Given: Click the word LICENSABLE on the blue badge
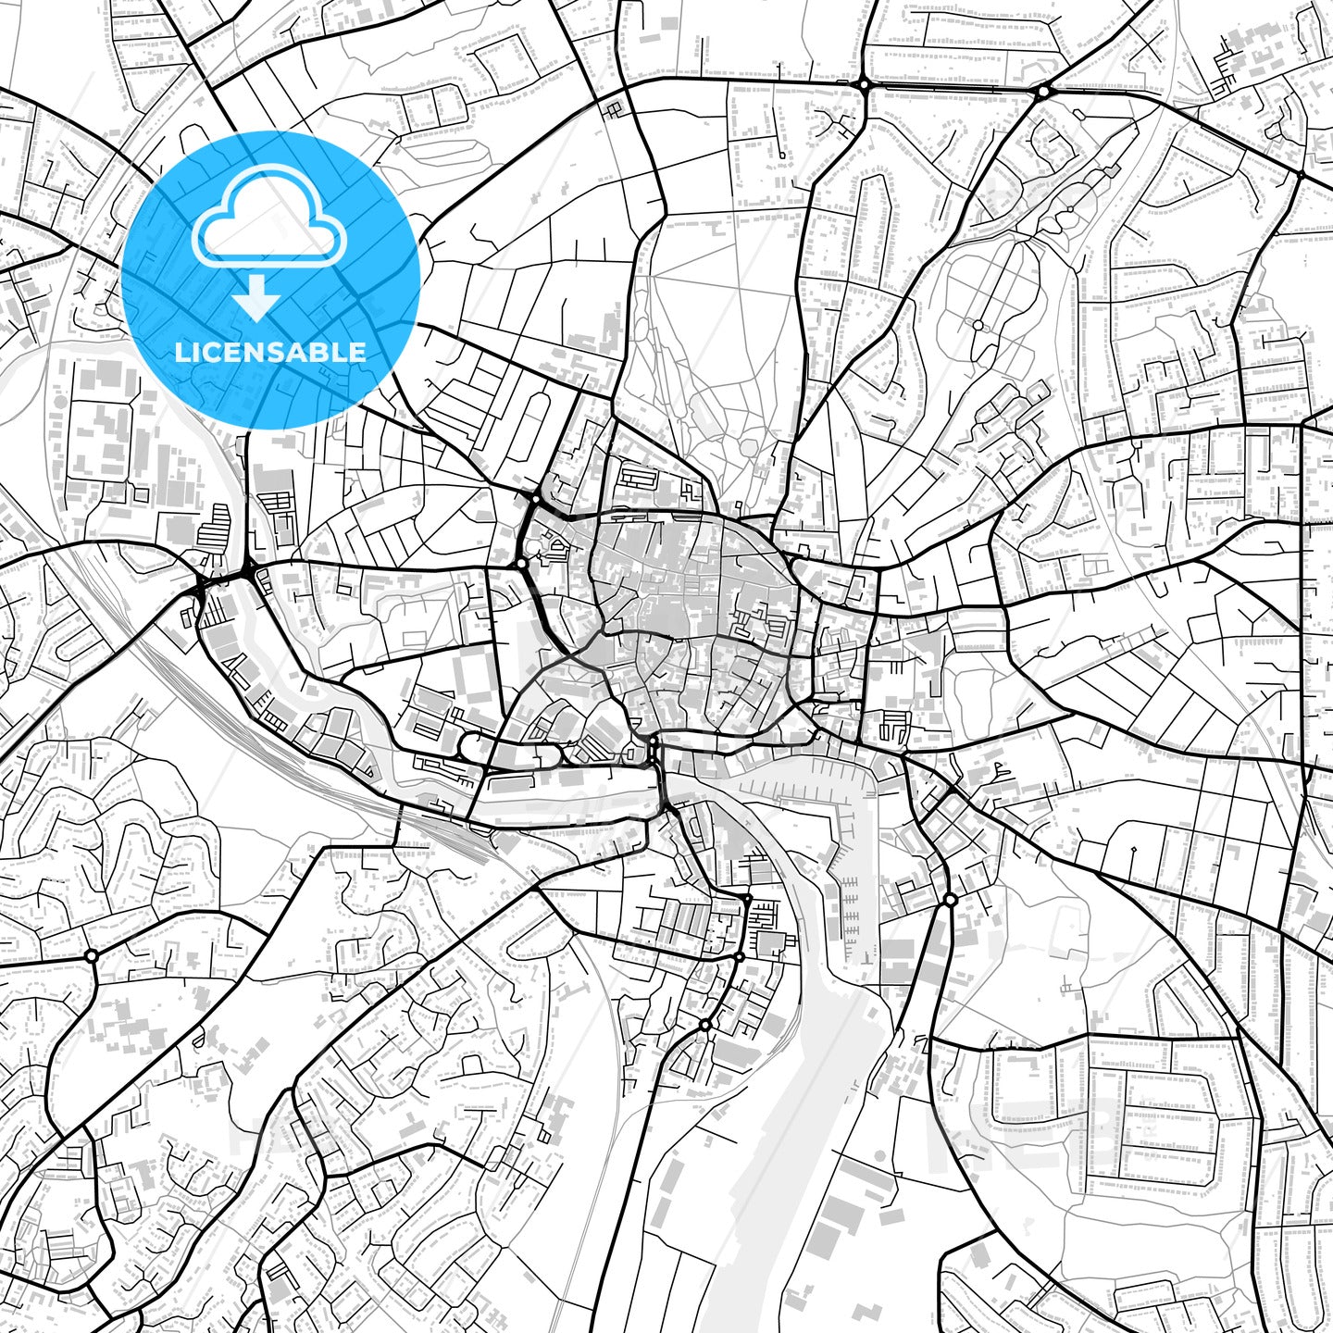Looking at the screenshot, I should click(x=270, y=352).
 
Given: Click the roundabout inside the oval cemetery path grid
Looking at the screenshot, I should click(x=978, y=324).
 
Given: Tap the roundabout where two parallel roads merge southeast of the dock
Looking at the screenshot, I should click(x=950, y=900).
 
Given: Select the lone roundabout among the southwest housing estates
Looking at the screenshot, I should click(x=91, y=955).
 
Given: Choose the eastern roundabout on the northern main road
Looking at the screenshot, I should click(x=1043, y=91).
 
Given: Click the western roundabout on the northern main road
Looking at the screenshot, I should click(x=864, y=84).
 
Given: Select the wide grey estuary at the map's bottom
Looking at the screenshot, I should click(x=787, y=1157).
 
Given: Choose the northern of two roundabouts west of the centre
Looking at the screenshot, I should click(x=535, y=498).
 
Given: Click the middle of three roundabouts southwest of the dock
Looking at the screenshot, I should click(x=739, y=956).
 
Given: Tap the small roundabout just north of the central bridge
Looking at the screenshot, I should click(x=654, y=741).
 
